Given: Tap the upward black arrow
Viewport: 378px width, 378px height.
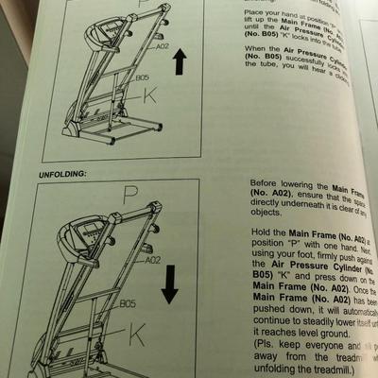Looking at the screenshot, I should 180,67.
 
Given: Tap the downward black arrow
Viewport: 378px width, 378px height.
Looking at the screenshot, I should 170,284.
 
